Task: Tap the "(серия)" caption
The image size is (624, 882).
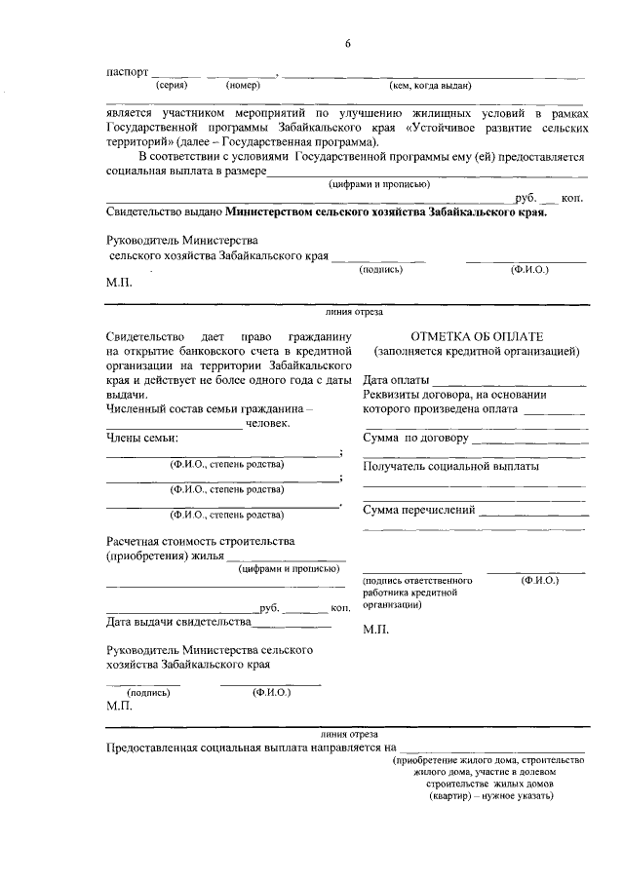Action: tap(173, 86)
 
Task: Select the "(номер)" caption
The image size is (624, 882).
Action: tap(243, 86)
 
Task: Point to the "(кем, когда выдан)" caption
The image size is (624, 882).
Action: tap(431, 86)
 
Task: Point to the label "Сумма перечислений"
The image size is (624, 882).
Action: tap(419, 510)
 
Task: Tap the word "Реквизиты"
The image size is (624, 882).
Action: tap(392, 395)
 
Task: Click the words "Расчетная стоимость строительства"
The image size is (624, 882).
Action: tap(199, 541)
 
